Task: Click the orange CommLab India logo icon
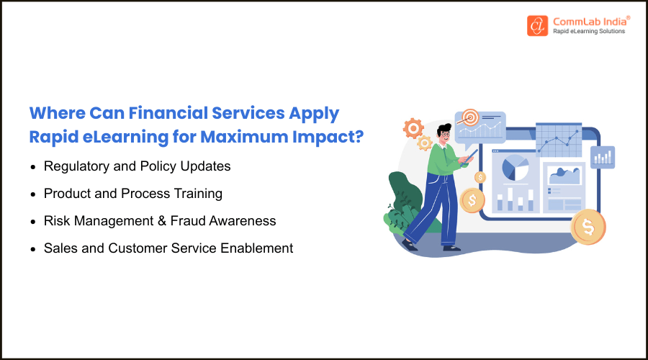(537, 26)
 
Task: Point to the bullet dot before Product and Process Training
(33, 194)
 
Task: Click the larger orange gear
(413, 129)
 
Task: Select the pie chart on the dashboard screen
(515, 168)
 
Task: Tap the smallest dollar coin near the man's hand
(480, 177)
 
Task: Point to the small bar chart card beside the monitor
(602, 156)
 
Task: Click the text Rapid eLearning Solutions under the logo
(589, 32)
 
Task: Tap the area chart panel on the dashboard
(564, 176)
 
